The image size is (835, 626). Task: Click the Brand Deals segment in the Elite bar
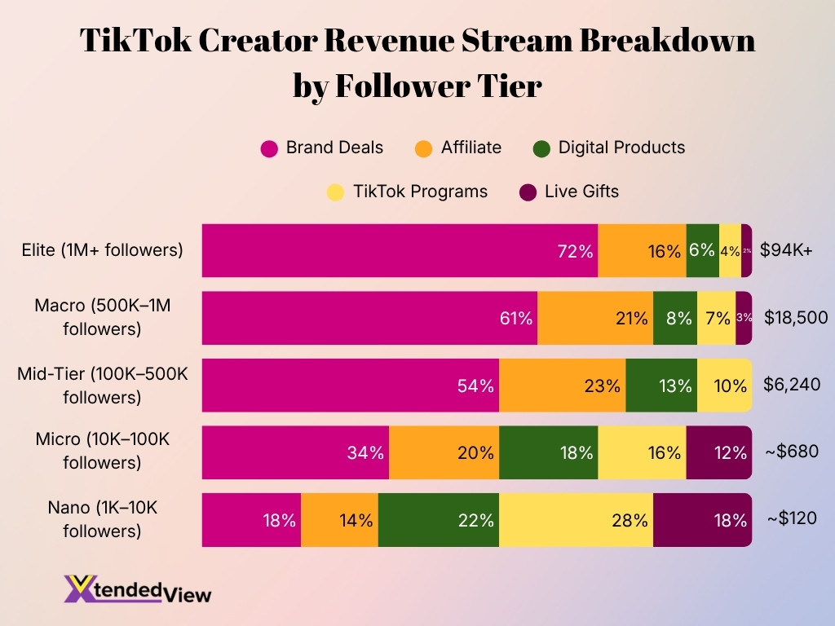click(400, 250)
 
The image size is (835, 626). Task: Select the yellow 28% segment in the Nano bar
click(576, 520)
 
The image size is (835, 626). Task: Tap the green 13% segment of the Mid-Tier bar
click(661, 386)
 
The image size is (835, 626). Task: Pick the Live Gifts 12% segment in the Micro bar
click(718, 452)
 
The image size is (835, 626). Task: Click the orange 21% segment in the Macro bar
click(595, 318)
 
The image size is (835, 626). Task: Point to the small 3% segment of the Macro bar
click(744, 318)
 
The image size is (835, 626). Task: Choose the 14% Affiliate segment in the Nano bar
click(339, 520)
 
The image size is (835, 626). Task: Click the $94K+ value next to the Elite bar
click(786, 250)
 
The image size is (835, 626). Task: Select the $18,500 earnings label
click(796, 318)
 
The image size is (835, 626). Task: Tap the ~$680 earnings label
click(792, 452)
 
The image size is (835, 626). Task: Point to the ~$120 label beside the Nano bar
click(792, 519)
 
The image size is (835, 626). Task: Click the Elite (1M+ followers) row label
click(102, 250)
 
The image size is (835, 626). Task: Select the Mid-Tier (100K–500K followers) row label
click(103, 386)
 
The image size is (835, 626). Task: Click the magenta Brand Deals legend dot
click(269, 148)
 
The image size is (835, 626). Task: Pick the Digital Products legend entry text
click(621, 148)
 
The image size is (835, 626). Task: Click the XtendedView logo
click(137, 589)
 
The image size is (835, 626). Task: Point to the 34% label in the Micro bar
click(364, 453)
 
